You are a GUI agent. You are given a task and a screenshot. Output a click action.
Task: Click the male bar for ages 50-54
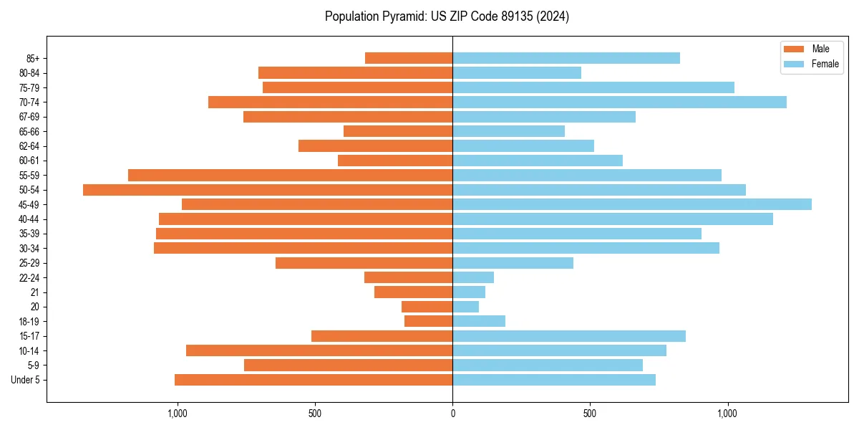pyautogui.click(x=268, y=190)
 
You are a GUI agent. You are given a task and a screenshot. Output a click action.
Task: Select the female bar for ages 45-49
pyautogui.click(x=632, y=204)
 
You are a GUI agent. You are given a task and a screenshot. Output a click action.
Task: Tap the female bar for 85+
pyautogui.click(x=566, y=58)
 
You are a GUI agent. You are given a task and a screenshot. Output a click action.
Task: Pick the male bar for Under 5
pyautogui.click(x=314, y=380)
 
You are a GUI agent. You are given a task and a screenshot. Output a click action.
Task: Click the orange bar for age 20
pyautogui.click(x=427, y=307)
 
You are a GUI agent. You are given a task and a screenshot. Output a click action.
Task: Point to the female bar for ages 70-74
pyautogui.click(x=619, y=102)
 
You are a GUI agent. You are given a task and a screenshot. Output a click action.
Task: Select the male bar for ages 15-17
pyautogui.click(x=382, y=336)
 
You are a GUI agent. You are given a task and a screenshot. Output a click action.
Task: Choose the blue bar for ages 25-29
pyautogui.click(x=513, y=263)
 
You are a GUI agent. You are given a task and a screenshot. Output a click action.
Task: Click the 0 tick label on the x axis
pyautogui.click(x=452, y=414)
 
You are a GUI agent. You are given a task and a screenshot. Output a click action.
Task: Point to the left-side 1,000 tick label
pyautogui.click(x=177, y=414)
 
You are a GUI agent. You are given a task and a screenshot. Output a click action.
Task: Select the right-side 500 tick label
pyautogui.click(x=590, y=414)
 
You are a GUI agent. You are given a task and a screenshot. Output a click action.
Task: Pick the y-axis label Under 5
pyautogui.click(x=26, y=380)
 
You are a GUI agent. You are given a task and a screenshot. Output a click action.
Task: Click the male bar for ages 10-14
pyautogui.click(x=319, y=350)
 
